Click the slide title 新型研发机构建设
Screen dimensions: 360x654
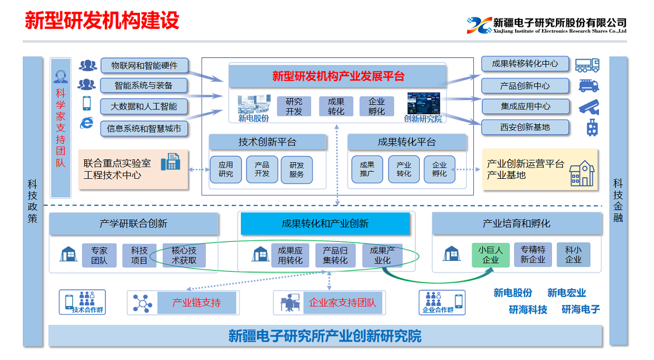(102, 20)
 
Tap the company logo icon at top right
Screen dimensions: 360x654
(478, 25)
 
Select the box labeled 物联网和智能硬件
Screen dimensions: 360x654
(144, 66)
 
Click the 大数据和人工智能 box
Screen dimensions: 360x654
(144, 106)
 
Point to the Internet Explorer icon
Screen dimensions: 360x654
(86, 123)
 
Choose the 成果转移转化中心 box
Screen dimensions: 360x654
(525, 64)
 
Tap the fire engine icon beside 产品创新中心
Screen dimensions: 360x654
(589, 86)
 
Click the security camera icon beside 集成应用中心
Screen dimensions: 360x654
(589, 106)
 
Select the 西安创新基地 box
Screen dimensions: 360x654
(525, 127)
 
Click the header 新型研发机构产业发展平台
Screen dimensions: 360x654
(338, 76)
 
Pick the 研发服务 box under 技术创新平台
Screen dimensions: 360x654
(297, 169)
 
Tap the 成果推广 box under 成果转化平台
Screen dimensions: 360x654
(367, 169)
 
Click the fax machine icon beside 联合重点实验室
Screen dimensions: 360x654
(170, 162)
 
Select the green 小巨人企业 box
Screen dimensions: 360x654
(491, 255)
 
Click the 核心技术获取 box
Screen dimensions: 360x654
(184, 255)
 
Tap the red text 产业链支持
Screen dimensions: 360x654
(196, 303)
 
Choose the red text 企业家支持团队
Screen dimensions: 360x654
(342, 303)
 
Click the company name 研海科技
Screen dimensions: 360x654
(528, 309)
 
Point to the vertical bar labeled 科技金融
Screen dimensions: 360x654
(618, 201)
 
